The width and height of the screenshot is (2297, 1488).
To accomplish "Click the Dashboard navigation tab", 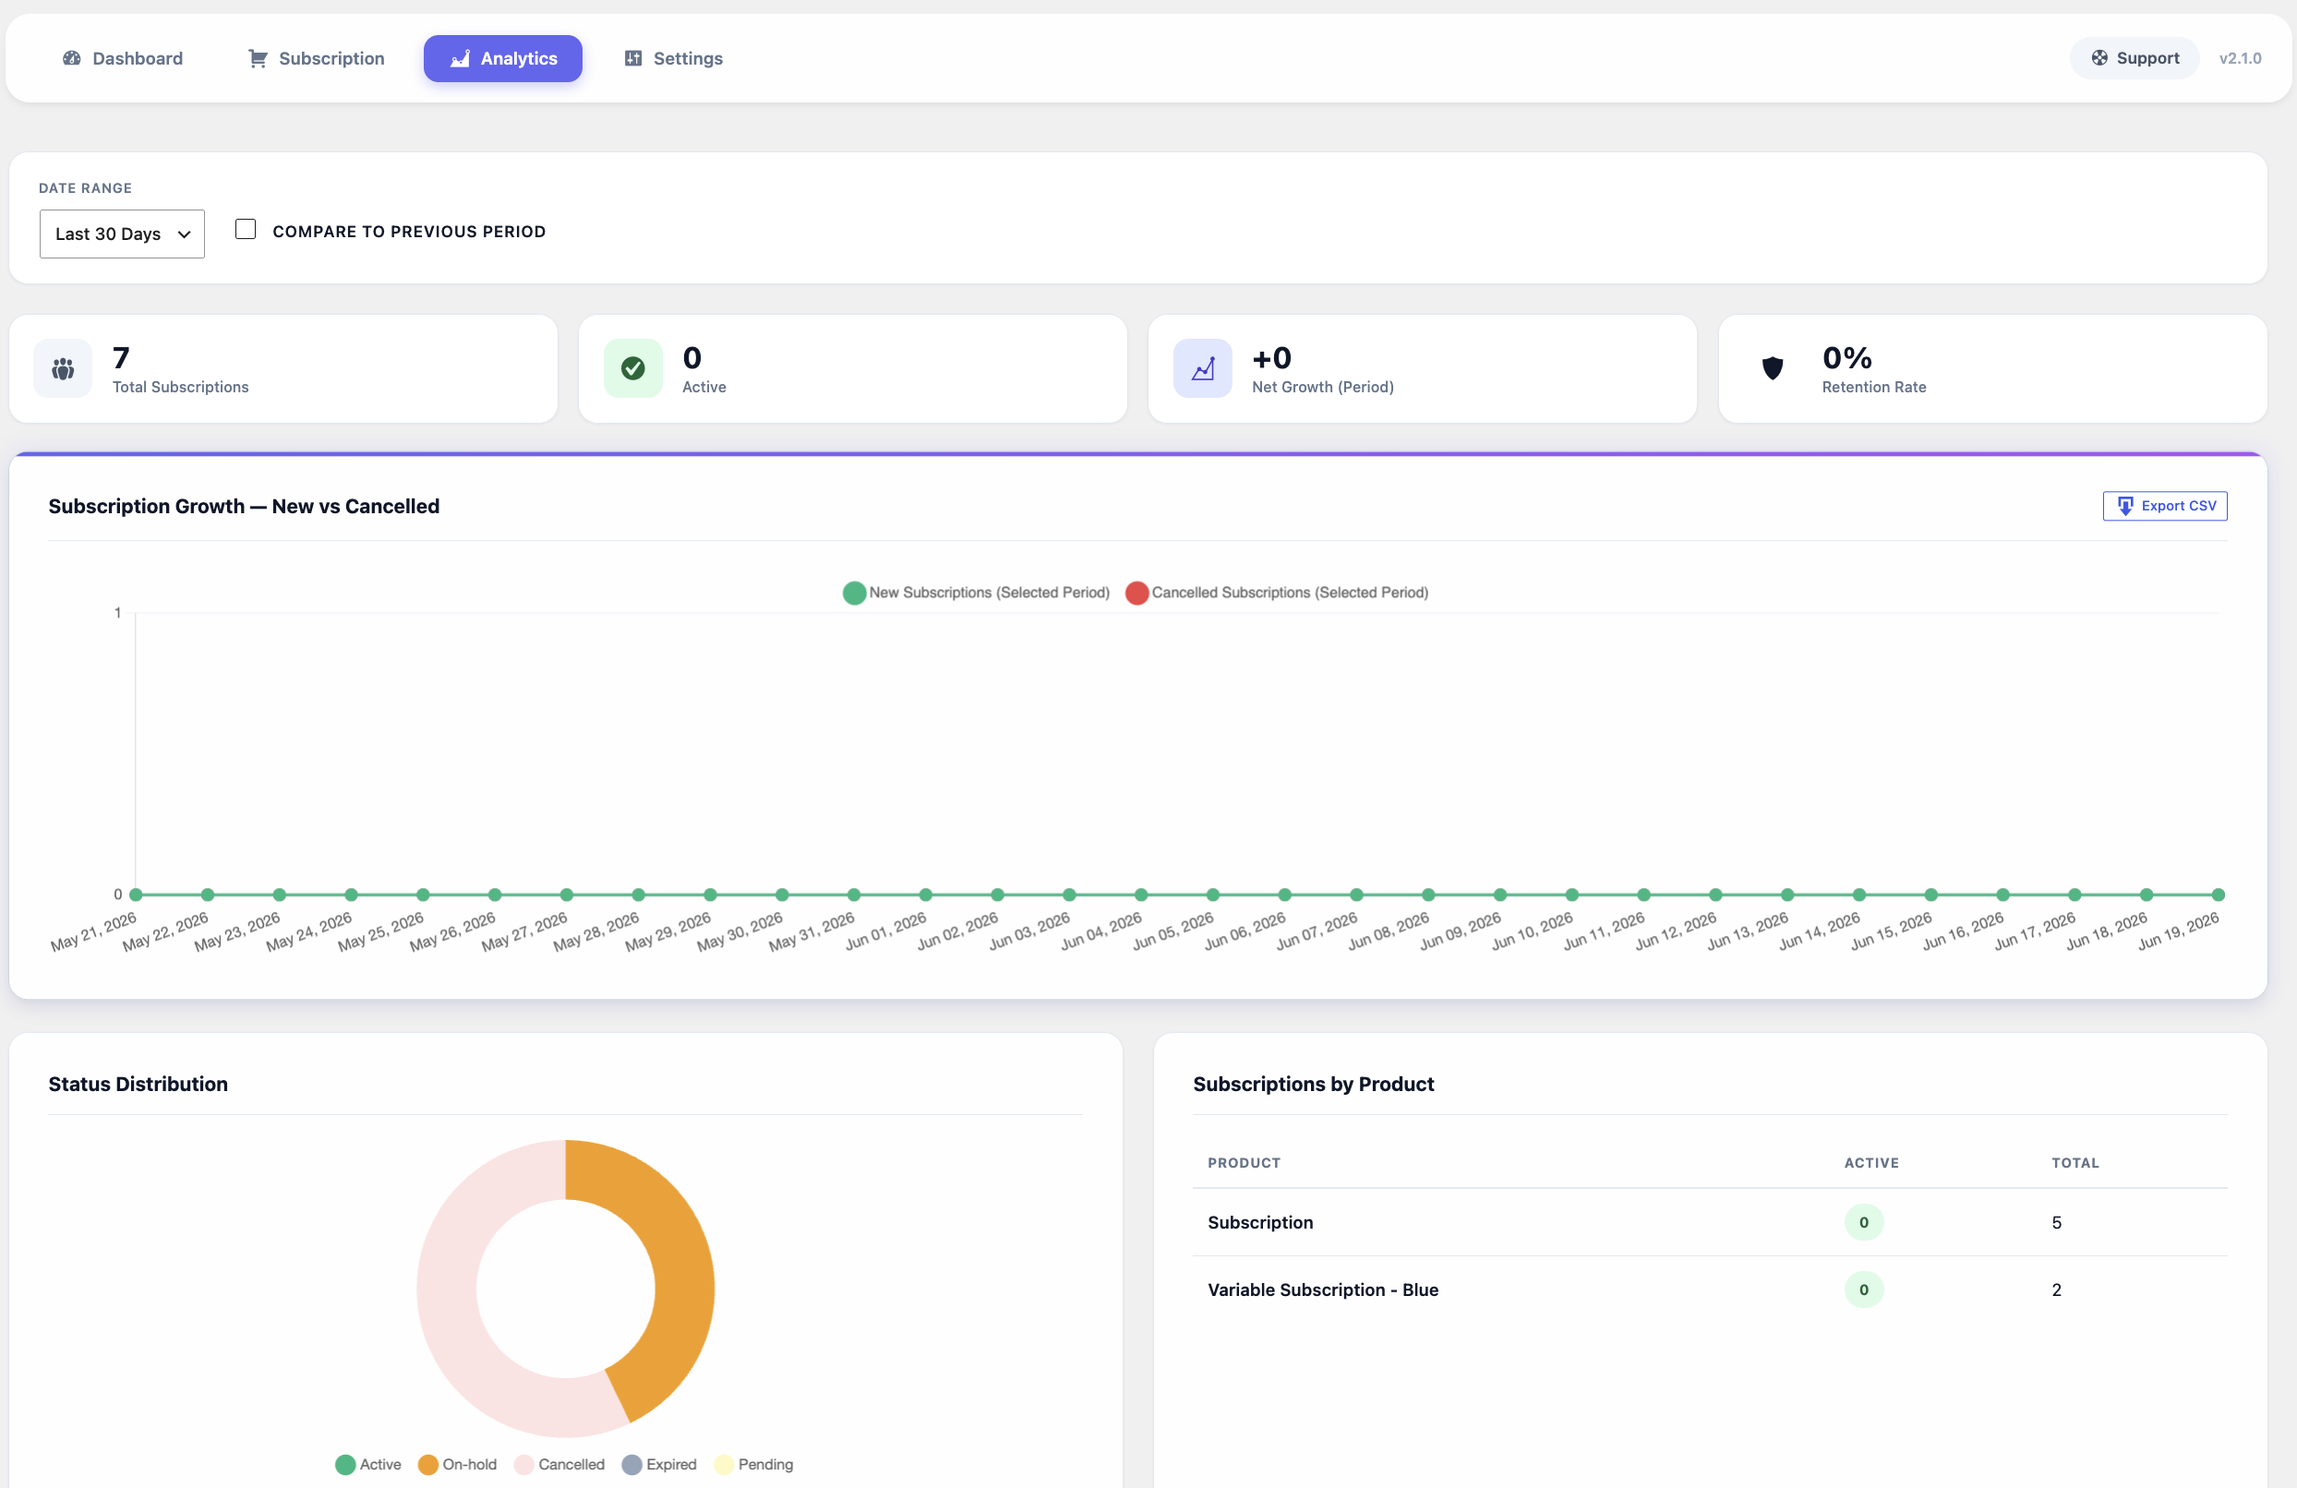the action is [123, 59].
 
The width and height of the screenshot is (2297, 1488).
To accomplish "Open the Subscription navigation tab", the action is [317, 59].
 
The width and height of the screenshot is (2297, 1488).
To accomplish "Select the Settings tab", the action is [674, 59].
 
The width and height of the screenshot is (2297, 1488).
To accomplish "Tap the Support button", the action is [2134, 58].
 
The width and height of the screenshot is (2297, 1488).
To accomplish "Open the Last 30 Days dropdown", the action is [122, 234].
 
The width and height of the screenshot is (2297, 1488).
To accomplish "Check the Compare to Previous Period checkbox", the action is [247, 230].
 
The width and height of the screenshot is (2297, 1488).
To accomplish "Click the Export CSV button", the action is [2165, 506].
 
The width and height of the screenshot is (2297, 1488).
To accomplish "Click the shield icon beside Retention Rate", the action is [1772, 367].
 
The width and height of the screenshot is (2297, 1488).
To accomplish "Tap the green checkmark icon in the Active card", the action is [633, 367].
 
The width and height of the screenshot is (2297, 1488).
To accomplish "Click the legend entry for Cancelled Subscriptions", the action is [1277, 593].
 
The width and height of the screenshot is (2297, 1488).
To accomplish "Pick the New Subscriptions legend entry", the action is [976, 593].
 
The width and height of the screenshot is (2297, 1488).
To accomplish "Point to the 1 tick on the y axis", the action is [118, 613].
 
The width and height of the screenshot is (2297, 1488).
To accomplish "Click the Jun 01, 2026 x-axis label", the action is [886, 931].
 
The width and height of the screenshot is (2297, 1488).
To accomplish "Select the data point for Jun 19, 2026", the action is [2218, 894].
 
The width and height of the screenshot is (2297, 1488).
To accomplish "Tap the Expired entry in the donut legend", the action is [659, 1465].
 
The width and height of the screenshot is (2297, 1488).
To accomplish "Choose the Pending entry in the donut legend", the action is [753, 1465].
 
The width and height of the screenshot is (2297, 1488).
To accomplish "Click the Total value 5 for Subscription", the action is [2057, 1223].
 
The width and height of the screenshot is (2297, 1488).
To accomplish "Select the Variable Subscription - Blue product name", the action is [1323, 1290].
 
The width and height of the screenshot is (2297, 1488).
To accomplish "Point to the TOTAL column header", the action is [2075, 1163].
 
